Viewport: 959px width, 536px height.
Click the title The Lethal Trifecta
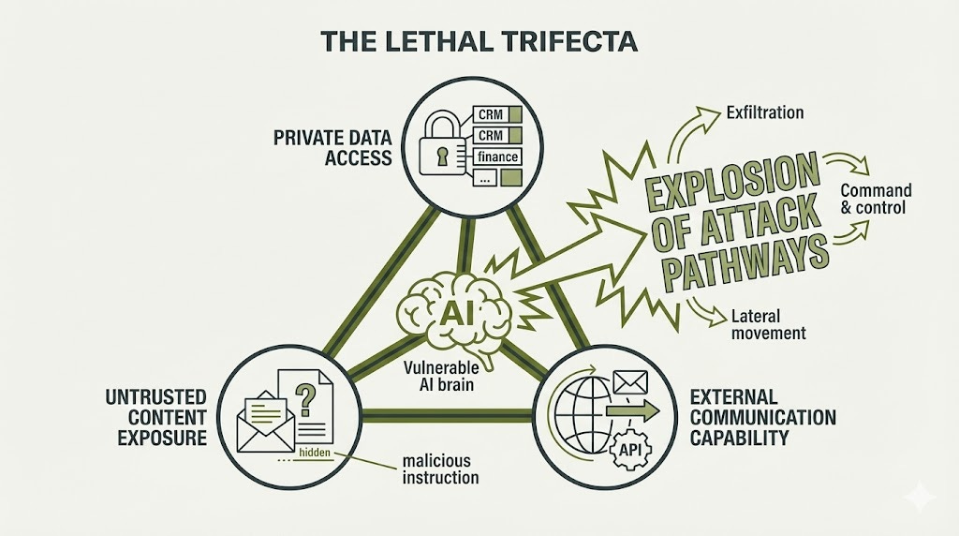479,41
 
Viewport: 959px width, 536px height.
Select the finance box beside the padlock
497,156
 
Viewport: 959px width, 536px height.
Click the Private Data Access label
332,147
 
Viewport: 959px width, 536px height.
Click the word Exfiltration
765,112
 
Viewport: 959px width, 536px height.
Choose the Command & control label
876,199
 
